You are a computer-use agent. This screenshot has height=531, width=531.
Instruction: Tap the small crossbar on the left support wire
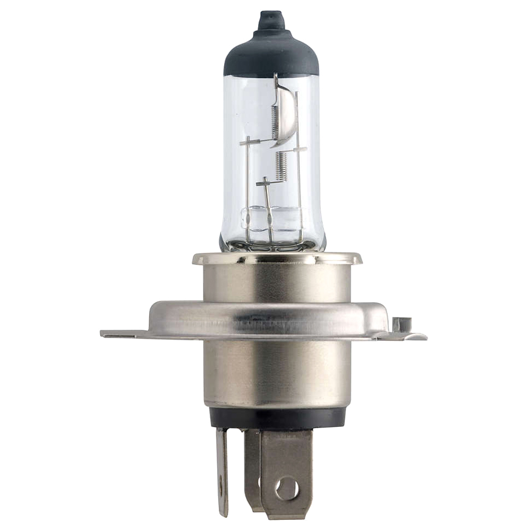tap(250, 142)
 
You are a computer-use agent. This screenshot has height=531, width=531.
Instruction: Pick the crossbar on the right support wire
tap(298, 150)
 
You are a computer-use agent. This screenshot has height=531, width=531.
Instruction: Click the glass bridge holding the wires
tap(271, 218)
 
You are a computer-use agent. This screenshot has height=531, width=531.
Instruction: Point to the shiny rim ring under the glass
tap(277, 259)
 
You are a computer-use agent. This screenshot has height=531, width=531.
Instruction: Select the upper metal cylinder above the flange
tap(277, 281)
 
